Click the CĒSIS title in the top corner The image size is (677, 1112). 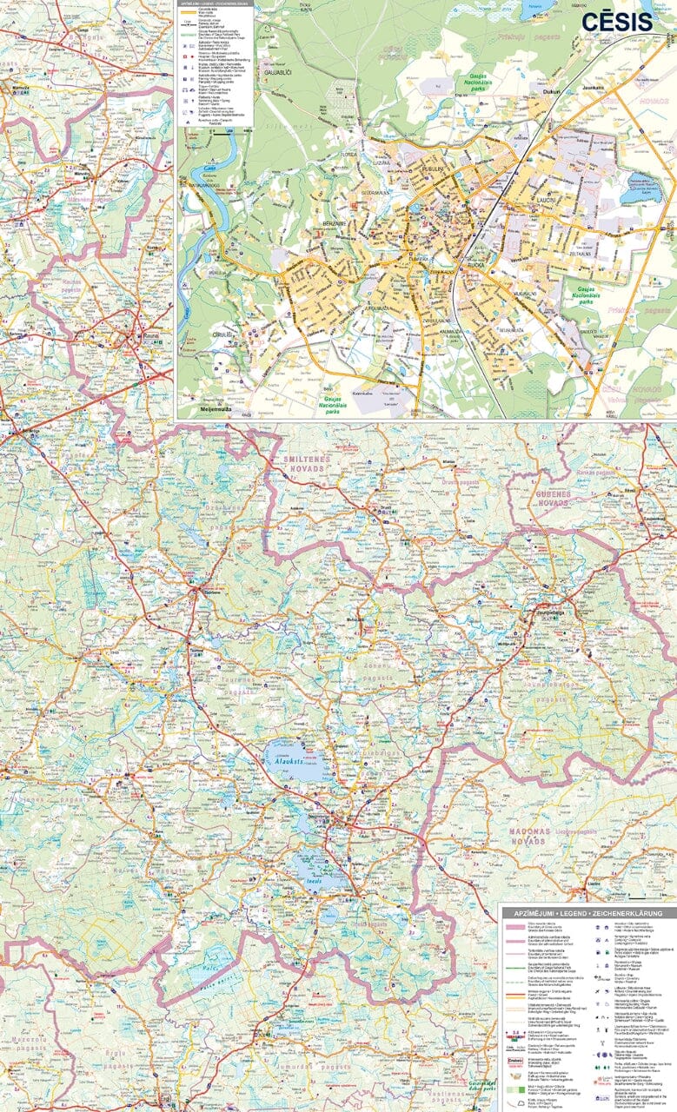click(617, 22)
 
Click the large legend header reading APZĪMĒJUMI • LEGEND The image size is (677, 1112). click(587, 913)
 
